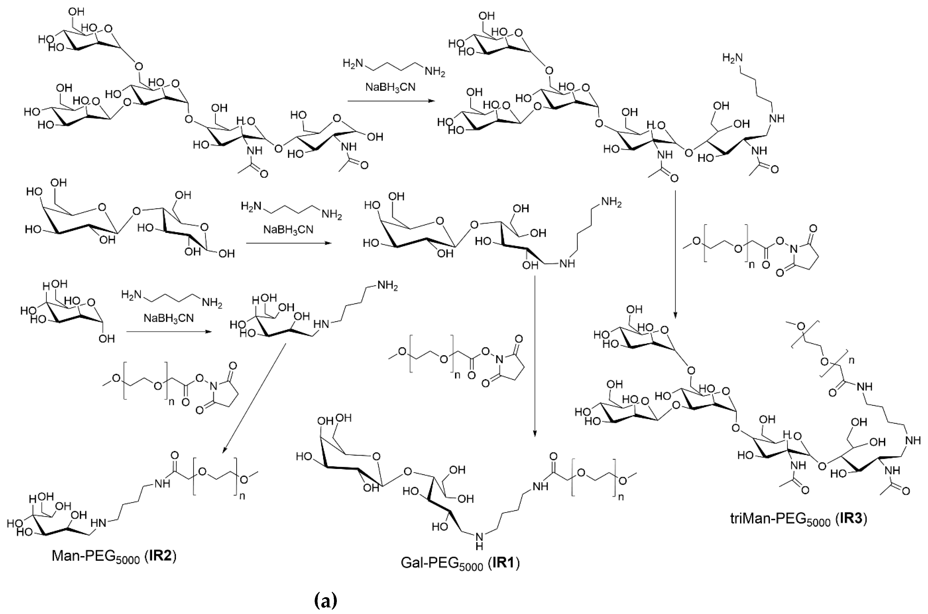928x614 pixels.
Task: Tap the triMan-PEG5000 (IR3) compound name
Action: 798,520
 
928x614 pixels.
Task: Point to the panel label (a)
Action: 326,601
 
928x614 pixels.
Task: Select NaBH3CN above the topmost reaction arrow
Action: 390,87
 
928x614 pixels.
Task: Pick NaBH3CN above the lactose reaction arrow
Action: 288,229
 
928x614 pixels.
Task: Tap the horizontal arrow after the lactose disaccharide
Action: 288,243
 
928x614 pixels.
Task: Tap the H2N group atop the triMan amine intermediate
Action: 732,58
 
